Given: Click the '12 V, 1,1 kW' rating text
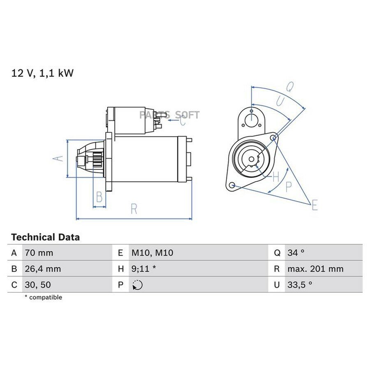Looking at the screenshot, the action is pos(42,73).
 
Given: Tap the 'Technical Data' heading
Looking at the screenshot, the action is pos(45,237).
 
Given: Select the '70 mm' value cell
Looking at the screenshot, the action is pos(39,253).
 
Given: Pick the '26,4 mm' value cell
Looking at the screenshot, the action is pos(43,269).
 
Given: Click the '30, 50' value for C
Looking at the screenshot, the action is pos(38,284).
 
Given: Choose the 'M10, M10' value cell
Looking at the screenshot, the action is pos(152,253).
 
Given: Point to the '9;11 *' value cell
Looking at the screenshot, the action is pos(143,269).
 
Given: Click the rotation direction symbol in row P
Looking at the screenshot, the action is pos(137,285).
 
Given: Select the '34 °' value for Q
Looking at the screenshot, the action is pos(296,253).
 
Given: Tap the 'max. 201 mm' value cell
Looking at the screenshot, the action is pos(315,269).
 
